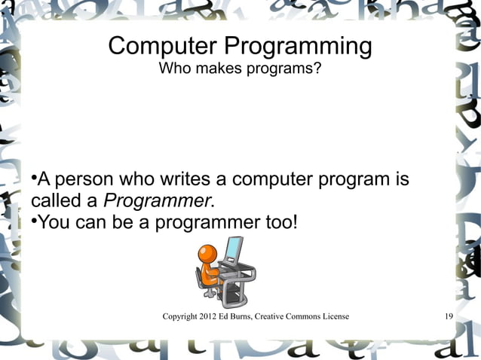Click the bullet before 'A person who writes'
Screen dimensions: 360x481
pos(34,179)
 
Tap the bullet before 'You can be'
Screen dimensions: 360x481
pos(34,221)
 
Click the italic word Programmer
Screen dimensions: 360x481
pos(157,202)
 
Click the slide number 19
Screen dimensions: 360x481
pos(449,316)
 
